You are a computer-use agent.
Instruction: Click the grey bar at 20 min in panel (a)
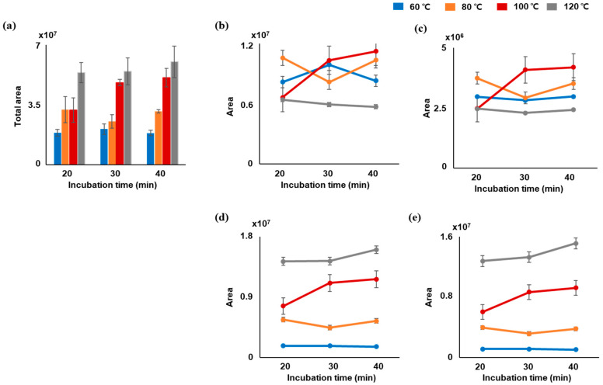(81, 118)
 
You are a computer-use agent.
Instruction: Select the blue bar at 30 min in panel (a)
(104, 146)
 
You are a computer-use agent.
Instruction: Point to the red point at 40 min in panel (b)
(375, 51)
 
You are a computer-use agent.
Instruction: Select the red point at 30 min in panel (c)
(525, 70)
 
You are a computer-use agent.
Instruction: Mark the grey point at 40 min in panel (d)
(375, 249)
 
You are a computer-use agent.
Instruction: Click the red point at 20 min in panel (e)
(483, 312)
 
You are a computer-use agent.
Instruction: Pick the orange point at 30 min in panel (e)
(529, 334)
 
